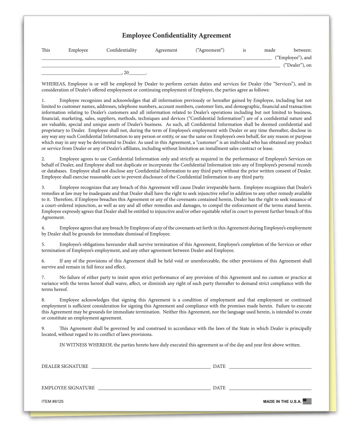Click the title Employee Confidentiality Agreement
tap(176, 36)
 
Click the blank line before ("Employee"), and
tap(156, 59)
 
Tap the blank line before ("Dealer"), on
tap(160, 67)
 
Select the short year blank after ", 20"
tap(138, 74)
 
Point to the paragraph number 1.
tap(43, 100)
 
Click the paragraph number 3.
tap(43, 187)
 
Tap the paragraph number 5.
tap(43, 244)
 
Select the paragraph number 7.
tap(43, 277)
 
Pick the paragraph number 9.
tap(43, 328)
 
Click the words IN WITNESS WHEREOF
tap(85, 345)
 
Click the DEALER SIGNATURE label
tap(65, 366)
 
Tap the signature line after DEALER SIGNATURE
tap(151, 369)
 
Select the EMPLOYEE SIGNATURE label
tap(68, 388)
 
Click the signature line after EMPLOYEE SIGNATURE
tap(154, 390)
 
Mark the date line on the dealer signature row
tap(270, 369)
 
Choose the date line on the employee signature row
tap(270, 390)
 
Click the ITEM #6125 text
tap(52, 402)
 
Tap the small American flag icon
tap(307, 401)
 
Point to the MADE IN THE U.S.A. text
tap(282, 402)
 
